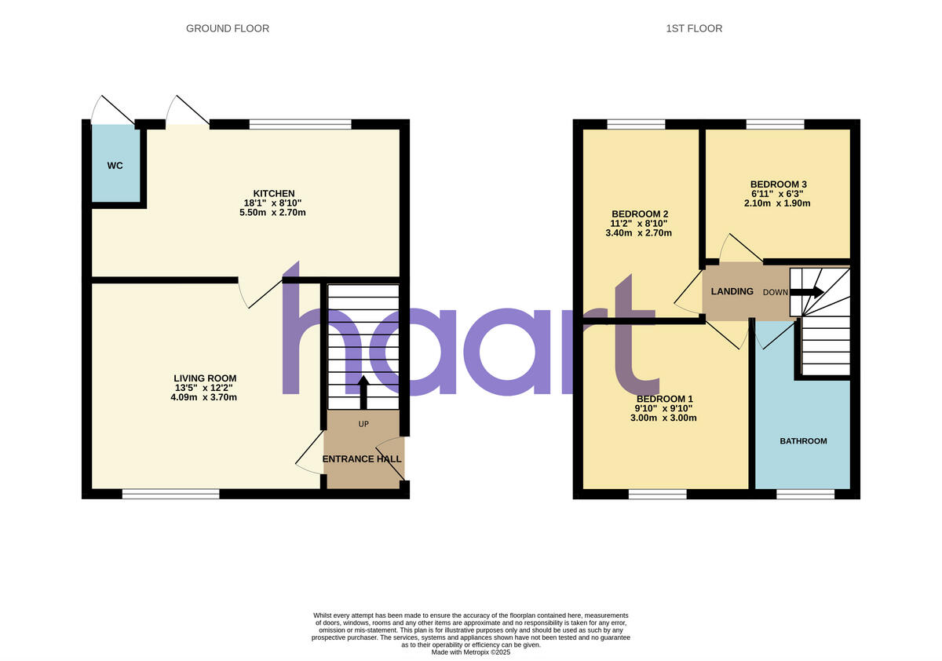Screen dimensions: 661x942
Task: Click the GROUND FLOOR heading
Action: point(228,28)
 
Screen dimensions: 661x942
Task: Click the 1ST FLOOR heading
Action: point(694,28)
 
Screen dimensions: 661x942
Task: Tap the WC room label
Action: point(115,166)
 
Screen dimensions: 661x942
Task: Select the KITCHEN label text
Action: point(273,193)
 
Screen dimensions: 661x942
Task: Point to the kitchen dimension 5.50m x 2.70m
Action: point(273,213)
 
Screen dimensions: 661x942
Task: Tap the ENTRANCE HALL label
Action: point(362,459)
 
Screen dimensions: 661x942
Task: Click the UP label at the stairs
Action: point(363,424)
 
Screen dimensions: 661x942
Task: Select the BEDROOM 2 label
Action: point(641,214)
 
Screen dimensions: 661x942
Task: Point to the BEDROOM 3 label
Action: point(778,184)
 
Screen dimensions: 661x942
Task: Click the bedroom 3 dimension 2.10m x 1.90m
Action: point(778,203)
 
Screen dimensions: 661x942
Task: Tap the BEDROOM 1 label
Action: point(664,399)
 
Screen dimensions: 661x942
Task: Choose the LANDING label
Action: point(732,291)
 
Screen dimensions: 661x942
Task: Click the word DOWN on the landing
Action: point(776,292)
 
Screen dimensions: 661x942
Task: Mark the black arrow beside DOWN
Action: point(807,292)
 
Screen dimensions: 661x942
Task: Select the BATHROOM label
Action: point(803,441)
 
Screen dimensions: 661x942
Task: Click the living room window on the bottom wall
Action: point(170,494)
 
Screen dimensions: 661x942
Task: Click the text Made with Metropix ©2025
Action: point(471,652)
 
